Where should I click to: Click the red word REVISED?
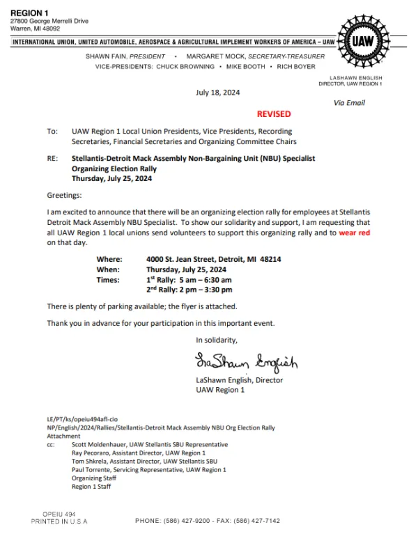274,113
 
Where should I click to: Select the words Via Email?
350,103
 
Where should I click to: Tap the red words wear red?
355,233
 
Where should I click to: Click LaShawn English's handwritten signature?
246,362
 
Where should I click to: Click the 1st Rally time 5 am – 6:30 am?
201,279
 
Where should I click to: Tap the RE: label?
52,159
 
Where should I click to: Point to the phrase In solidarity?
217,340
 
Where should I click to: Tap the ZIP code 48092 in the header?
50,29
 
